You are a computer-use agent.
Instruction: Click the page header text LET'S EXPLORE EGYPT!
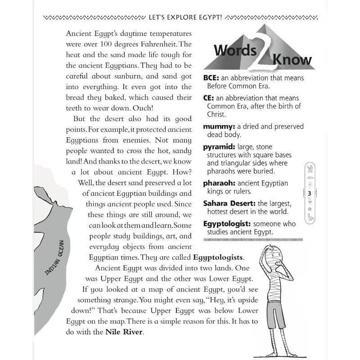tap(184, 18)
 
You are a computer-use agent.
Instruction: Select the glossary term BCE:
tap(211, 78)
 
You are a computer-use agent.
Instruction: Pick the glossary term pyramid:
tap(220, 147)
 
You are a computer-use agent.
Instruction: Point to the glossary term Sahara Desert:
tap(229, 203)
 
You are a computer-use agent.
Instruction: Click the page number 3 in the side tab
tap(310, 193)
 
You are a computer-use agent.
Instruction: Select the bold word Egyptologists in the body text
tap(219, 257)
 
